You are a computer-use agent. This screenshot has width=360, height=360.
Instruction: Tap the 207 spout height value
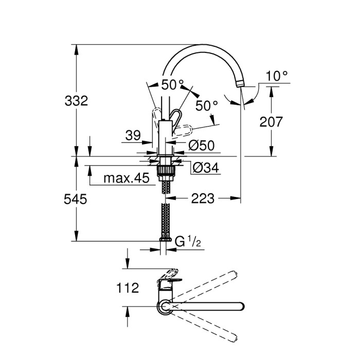coord(271,122)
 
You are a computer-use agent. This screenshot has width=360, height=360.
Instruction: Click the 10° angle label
coord(276,76)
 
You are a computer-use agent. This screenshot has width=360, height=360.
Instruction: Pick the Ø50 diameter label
coord(202,146)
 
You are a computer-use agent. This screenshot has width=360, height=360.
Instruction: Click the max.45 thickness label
coord(126,178)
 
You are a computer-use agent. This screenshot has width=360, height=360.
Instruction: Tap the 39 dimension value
coord(133,135)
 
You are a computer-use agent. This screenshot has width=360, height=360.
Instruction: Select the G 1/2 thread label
coord(187,241)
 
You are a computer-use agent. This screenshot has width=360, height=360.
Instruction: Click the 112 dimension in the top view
coord(128,288)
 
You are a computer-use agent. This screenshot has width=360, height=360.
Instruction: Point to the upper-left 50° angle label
coord(172,84)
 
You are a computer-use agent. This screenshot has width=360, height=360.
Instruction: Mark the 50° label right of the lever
coord(207,106)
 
